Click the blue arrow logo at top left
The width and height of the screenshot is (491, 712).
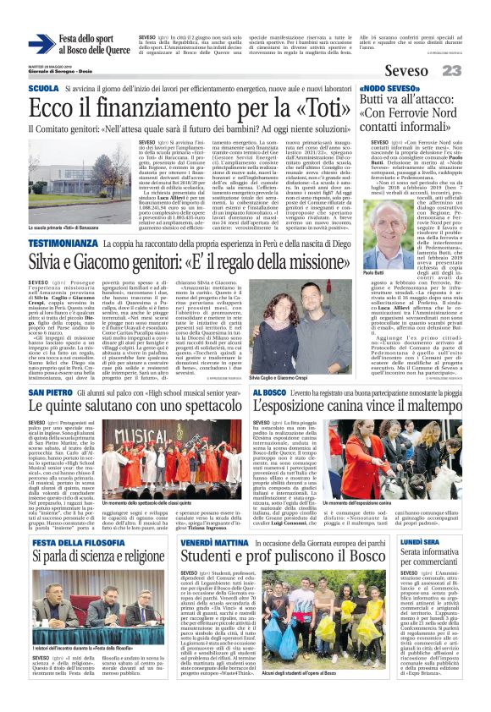coord(41,45)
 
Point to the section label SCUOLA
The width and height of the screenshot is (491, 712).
coord(43,88)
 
